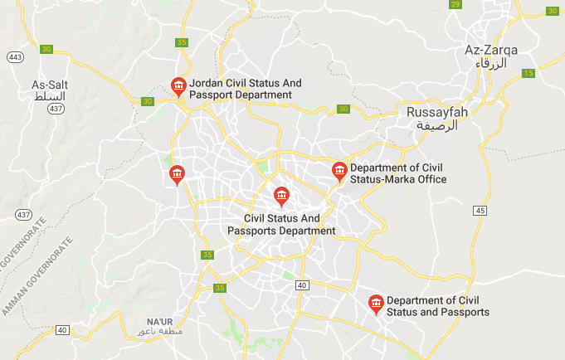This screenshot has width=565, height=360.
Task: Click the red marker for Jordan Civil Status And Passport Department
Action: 178,85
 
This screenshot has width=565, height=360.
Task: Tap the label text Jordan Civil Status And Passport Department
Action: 241,90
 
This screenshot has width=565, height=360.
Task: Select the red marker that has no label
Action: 176,173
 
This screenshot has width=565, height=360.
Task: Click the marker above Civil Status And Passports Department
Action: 282,196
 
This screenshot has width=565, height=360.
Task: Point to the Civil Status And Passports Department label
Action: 282,224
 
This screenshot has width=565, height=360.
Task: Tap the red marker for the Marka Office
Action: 339,171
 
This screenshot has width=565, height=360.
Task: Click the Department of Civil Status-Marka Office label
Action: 398,173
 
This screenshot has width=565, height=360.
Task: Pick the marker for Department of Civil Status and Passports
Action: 376,304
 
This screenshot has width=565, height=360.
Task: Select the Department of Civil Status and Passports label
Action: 437,306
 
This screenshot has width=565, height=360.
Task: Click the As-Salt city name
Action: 50,85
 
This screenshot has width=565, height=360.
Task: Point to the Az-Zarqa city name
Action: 491,51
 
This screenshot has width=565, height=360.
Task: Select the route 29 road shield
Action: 455,5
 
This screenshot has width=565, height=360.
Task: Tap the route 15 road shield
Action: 528,74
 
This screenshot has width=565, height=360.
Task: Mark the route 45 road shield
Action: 480,212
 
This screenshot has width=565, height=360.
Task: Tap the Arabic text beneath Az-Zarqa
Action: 491,63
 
